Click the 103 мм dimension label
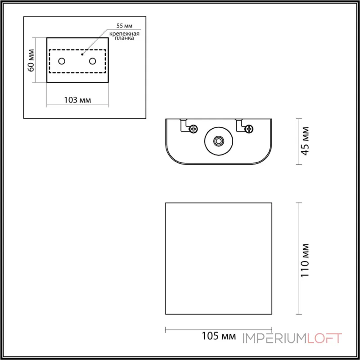pyautogui.click(x=78, y=100)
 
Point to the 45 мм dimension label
pyautogui.click(x=305, y=141)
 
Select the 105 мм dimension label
pyautogui.click(x=219, y=336)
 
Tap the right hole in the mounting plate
pyautogui.click(x=93, y=61)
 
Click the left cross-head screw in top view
pyautogui.click(x=194, y=129)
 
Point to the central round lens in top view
pyautogui.click(x=219, y=141)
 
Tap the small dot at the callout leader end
pyautogui.click(x=82, y=54)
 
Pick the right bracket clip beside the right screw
pyautogui.click(x=239, y=125)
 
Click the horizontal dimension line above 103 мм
pyautogui.click(x=78, y=106)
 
